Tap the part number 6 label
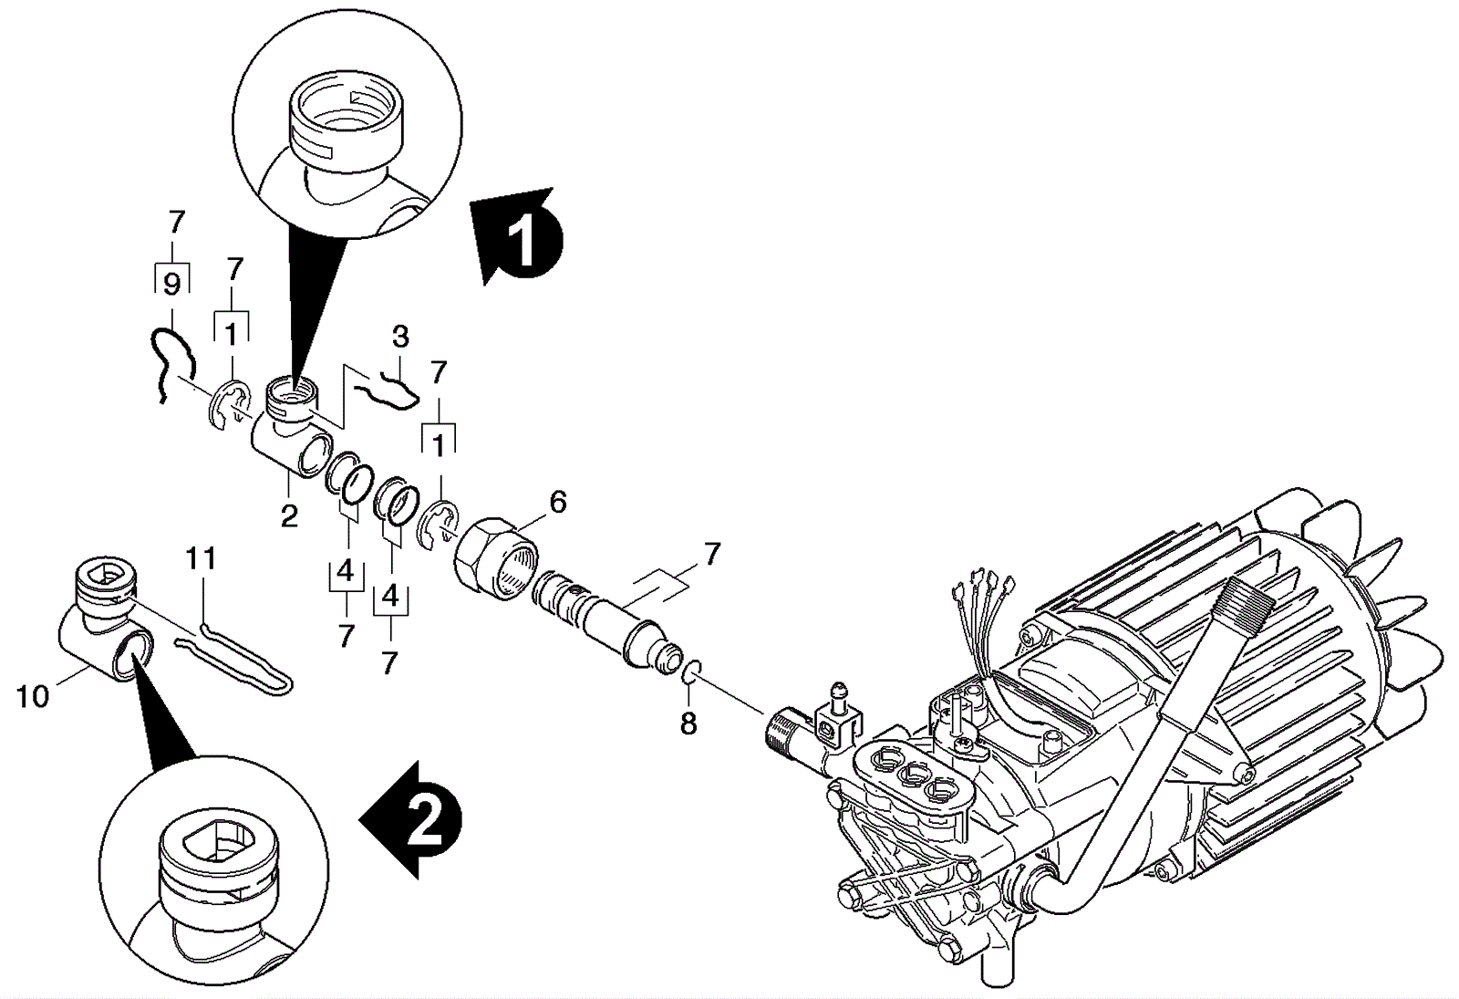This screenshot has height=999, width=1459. click(x=557, y=502)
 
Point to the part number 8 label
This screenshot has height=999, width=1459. click(x=688, y=723)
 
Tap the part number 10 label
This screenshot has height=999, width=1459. click(x=33, y=697)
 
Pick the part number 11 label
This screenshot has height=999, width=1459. click(x=202, y=557)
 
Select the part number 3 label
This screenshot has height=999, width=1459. click(x=400, y=337)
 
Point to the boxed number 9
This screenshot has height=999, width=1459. click(x=171, y=285)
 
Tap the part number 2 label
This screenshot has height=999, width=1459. click(x=289, y=517)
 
